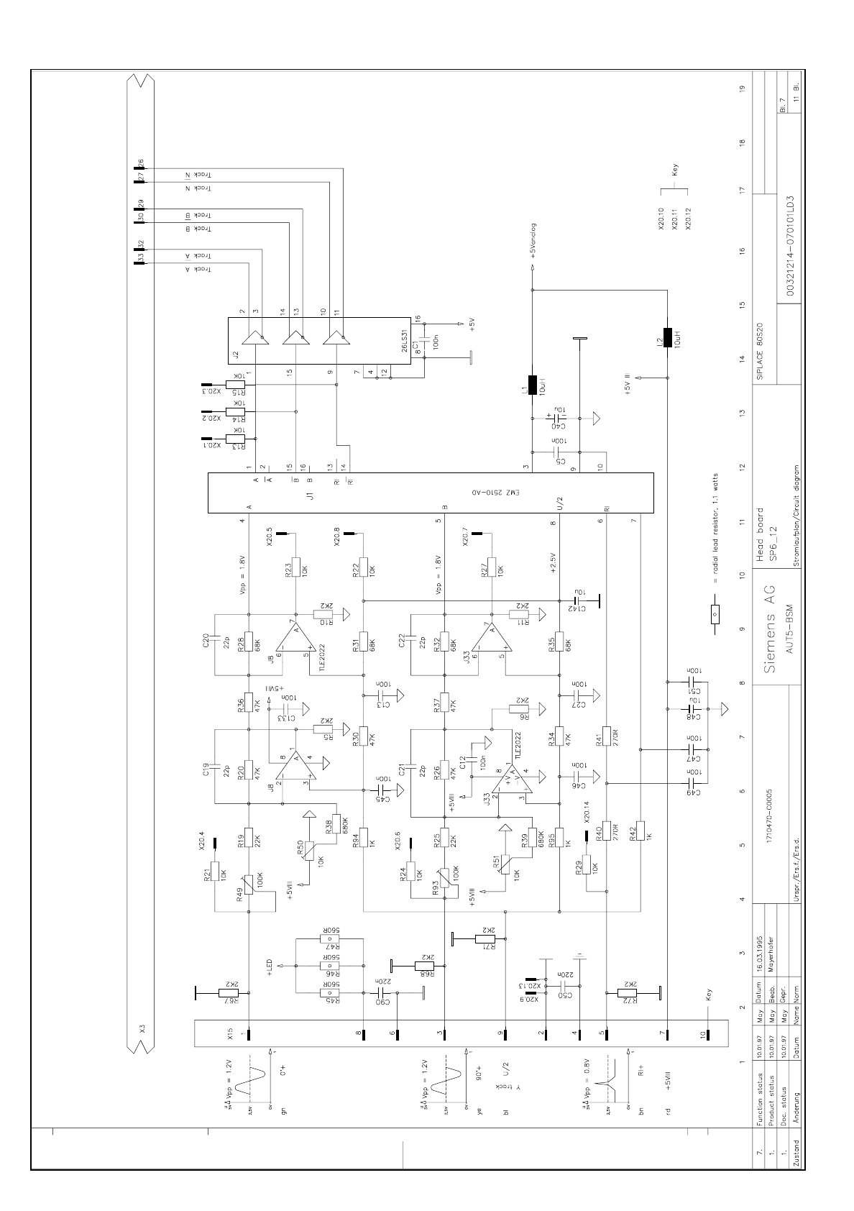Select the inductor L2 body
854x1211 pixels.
click(x=668, y=337)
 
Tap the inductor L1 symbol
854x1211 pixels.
click(x=532, y=385)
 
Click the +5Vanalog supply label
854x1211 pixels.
click(x=533, y=240)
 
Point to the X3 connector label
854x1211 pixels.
click(x=142, y=1030)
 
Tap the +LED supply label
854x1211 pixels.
click(x=270, y=968)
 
